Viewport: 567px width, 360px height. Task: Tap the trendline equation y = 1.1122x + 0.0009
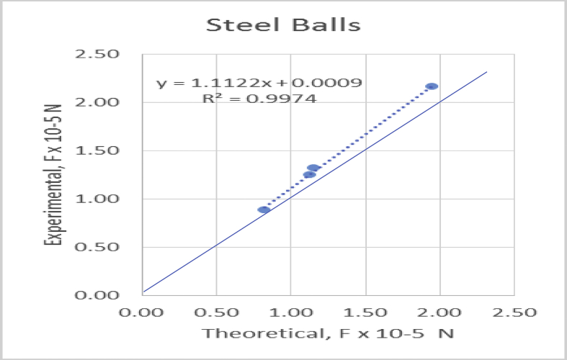coord(259,84)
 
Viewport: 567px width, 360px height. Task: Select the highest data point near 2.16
coord(432,86)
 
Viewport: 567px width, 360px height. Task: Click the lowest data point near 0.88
coord(264,210)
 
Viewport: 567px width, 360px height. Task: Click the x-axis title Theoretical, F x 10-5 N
coord(327,334)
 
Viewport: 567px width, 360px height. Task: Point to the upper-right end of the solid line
coord(487,72)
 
